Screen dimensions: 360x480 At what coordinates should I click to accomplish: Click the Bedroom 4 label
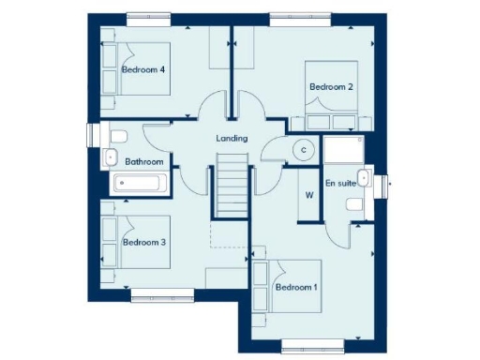click(x=143, y=69)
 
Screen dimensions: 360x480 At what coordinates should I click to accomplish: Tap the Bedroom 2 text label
click(x=331, y=87)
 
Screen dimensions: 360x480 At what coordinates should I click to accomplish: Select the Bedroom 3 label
click(x=143, y=242)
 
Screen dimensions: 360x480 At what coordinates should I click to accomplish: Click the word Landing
click(x=232, y=139)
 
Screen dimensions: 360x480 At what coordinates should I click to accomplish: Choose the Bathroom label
click(x=145, y=162)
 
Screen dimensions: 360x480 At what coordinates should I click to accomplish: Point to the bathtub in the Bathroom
click(x=137, y=183)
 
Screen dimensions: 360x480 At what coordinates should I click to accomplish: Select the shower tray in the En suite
click(x=347, y=149)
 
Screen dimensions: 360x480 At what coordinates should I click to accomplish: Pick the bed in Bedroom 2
click(x=332, y=94)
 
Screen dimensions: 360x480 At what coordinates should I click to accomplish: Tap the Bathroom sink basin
click(x=110, y=157)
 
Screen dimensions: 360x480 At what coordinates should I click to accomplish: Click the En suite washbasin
click(x=367, y=177)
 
